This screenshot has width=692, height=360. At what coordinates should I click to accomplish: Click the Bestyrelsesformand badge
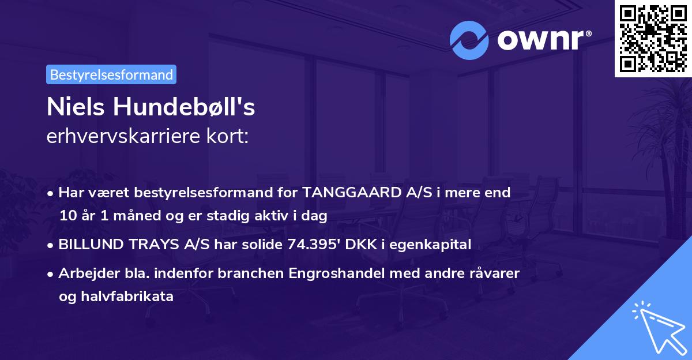pyautogui.click(x=111, y=74)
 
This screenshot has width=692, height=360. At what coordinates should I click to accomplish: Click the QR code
pyautogui.click(x=653, y=38)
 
